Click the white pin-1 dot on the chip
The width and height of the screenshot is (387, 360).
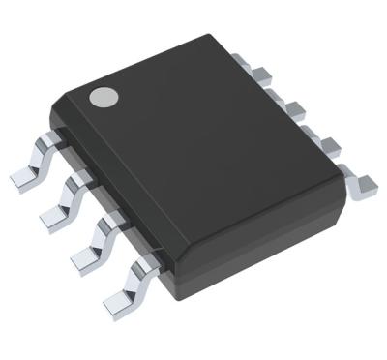[102, 96]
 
